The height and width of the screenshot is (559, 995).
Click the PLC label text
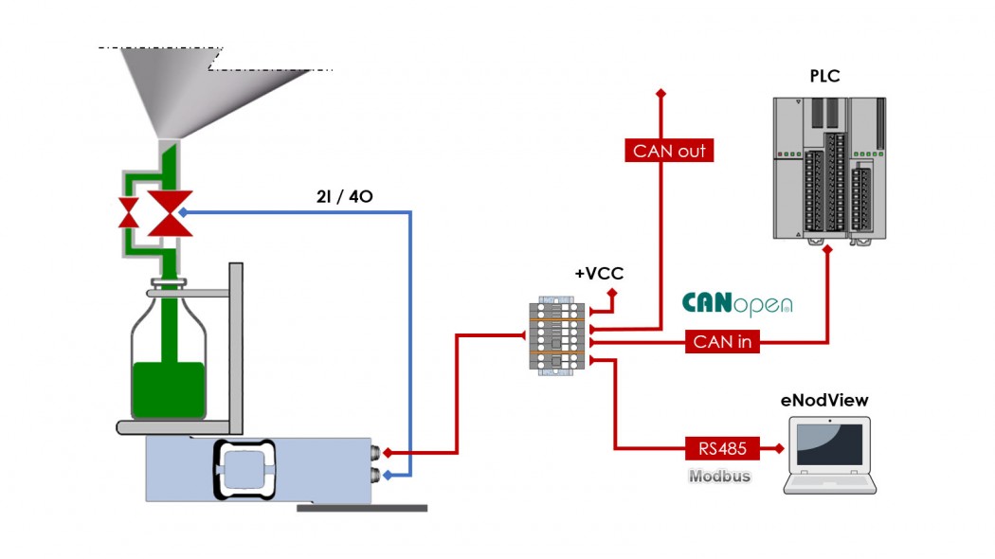(824, 77)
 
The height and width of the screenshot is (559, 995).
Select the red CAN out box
(669, 151)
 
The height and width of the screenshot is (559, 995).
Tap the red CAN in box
(722, 341)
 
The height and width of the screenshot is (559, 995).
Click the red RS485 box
(722, 448)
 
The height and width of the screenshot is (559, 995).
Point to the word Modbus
(719, 476)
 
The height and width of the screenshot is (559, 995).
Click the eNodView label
(824, 401)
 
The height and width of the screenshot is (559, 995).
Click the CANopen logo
(737, 304)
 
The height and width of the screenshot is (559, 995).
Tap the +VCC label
(599, 274)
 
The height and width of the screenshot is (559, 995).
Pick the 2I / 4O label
(344, 197)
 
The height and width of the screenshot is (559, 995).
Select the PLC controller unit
(829, 168)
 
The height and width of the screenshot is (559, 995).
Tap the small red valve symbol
(128, 213)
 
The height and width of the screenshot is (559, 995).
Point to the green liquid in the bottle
(169, 389)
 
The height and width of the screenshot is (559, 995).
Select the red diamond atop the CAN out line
(660, 93)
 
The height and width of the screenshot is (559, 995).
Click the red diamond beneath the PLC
(829, 250)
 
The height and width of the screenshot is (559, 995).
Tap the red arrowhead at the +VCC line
(611, 294)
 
